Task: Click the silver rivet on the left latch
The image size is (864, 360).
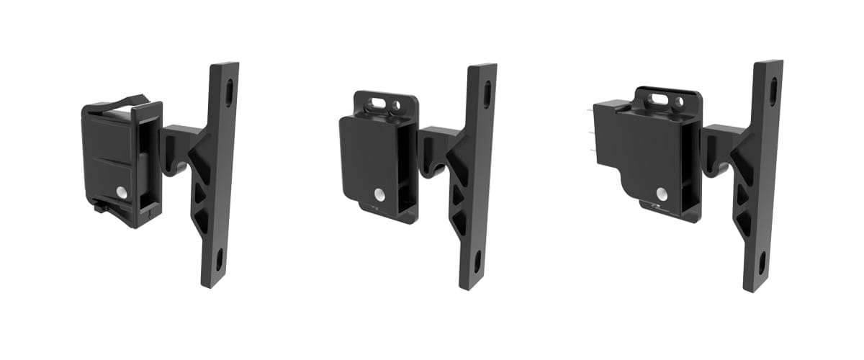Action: coord(120,193)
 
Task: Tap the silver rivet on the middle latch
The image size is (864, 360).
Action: coord(377,195)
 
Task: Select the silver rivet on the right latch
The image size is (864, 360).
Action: coord(661,193)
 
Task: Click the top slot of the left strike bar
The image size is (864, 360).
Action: coord(229,92)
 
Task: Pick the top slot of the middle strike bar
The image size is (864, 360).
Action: coord(487,94)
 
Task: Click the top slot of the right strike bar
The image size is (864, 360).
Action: coord(773,91)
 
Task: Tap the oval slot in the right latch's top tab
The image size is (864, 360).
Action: coord(660,99)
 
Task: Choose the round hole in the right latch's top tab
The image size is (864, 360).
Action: coord(679,101)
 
